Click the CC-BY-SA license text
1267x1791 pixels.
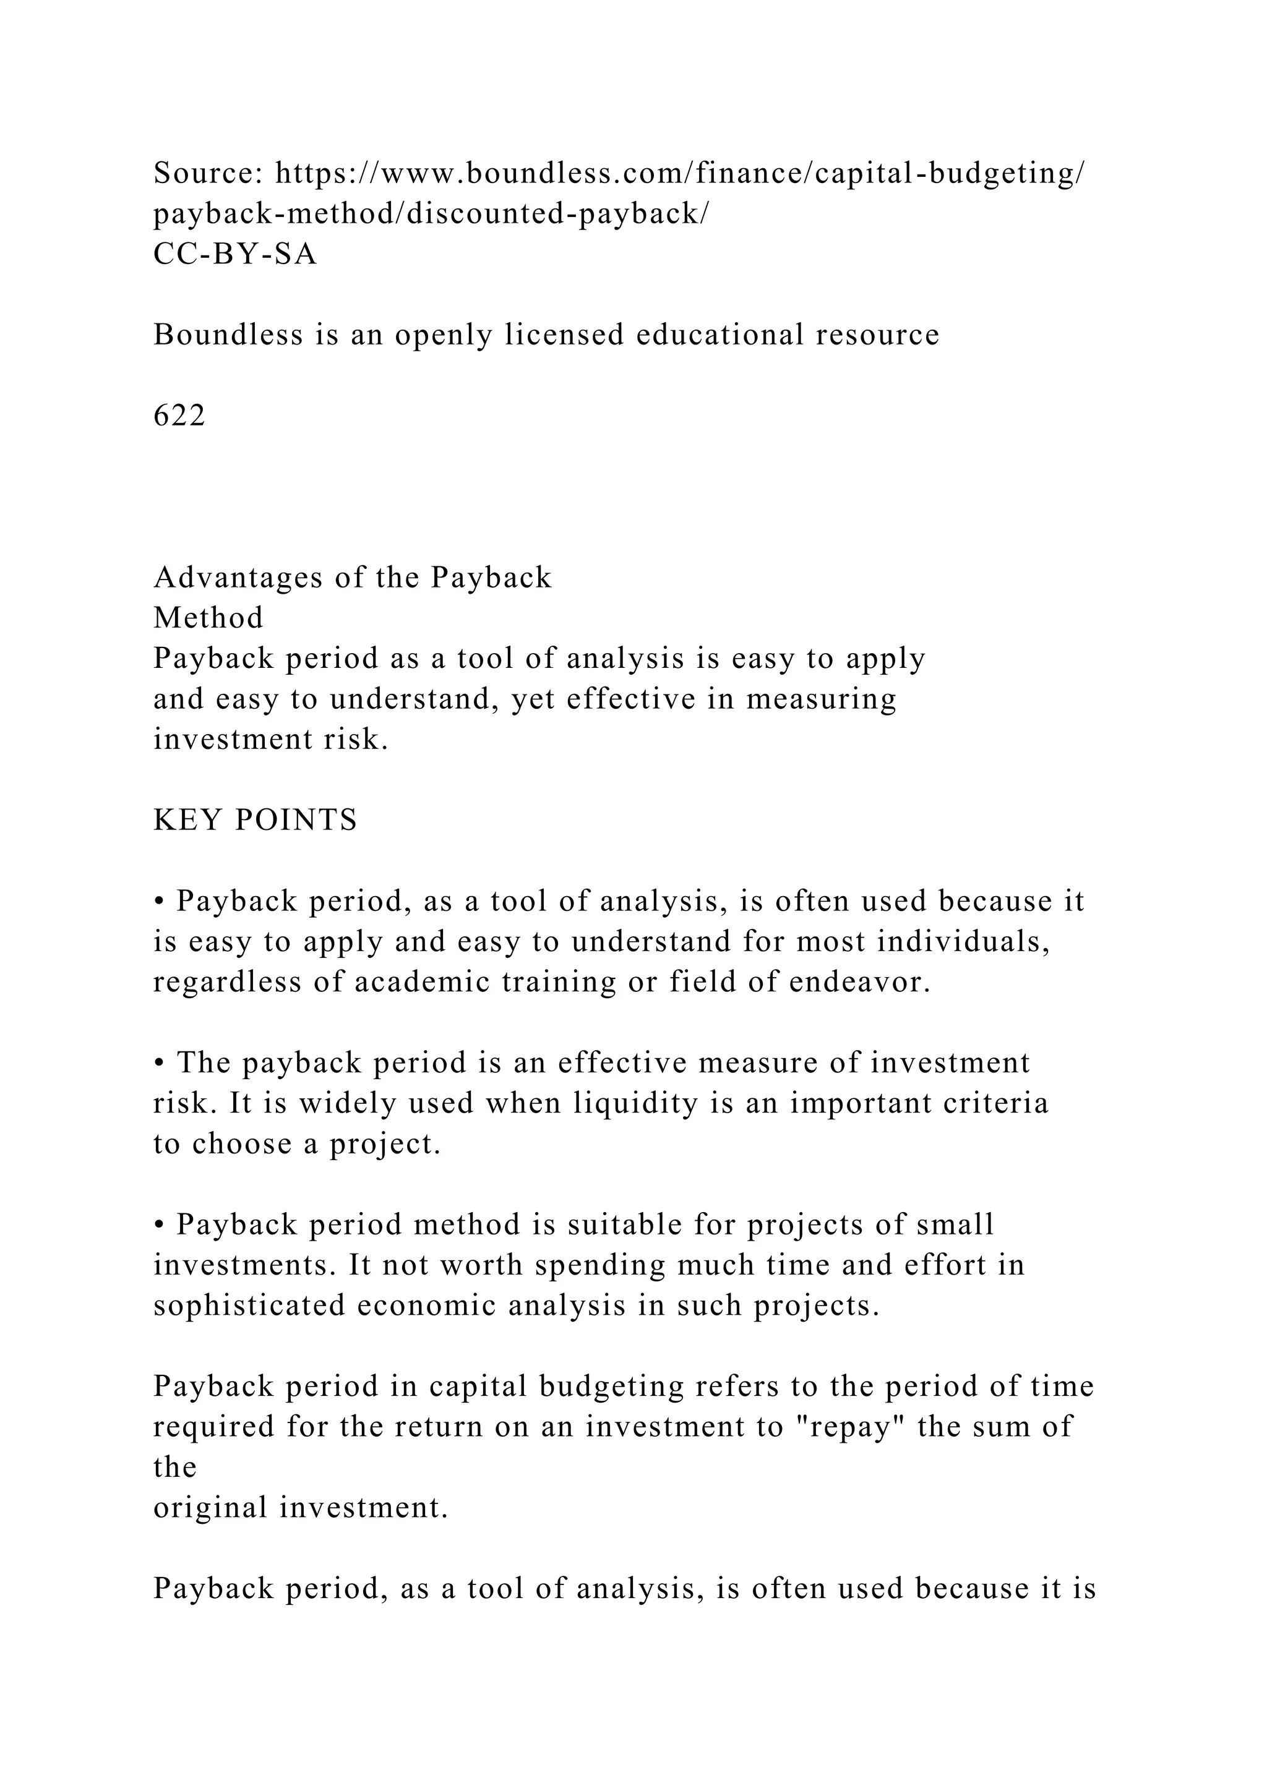pos(235,254)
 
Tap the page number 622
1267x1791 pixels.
pos(179,416)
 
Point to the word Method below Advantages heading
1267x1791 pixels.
pos(208,618)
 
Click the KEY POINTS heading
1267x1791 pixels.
pos(255,820)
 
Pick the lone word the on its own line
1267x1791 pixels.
pos(174,1468)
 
